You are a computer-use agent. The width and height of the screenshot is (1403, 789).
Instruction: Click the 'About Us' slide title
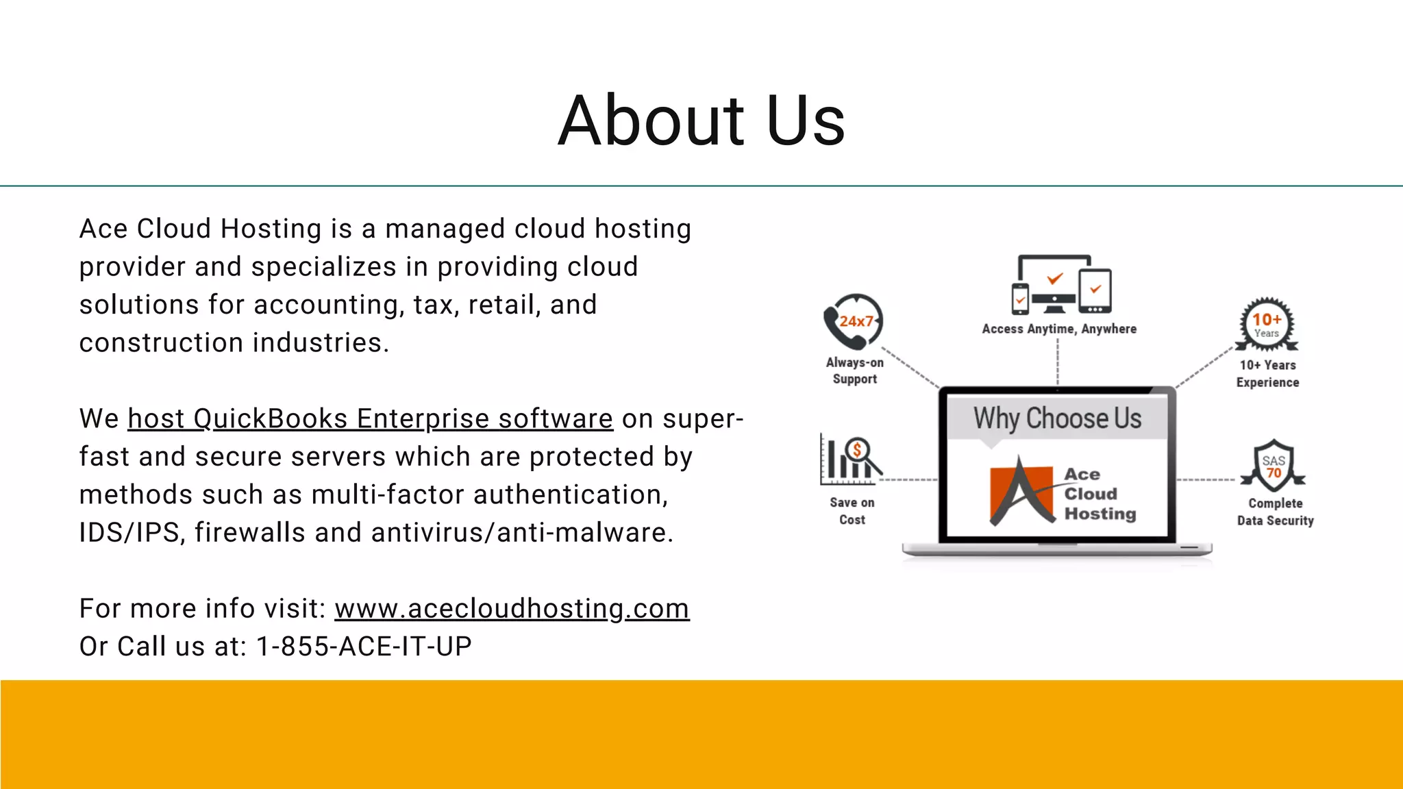701,121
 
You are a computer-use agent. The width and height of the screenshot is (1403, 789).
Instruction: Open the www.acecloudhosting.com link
512,608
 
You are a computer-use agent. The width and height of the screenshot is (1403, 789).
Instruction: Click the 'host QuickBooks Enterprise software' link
370,418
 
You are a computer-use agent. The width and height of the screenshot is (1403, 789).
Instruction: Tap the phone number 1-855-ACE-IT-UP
364,647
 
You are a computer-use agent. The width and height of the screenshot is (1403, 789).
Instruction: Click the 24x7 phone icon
854,322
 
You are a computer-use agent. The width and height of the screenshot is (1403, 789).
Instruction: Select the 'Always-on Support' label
854,371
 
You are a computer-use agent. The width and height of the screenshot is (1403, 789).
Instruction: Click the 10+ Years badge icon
1267,324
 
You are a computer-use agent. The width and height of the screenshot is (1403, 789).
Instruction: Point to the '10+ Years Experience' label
1267,374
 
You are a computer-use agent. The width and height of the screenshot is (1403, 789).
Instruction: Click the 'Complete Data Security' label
1275,512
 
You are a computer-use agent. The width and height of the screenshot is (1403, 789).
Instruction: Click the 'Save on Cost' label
852,511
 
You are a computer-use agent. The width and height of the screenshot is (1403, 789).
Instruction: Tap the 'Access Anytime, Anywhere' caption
1058,329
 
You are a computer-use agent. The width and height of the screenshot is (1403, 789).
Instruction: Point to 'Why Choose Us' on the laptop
1057,418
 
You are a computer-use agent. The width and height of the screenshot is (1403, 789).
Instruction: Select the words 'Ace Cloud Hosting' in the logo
1099,494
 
